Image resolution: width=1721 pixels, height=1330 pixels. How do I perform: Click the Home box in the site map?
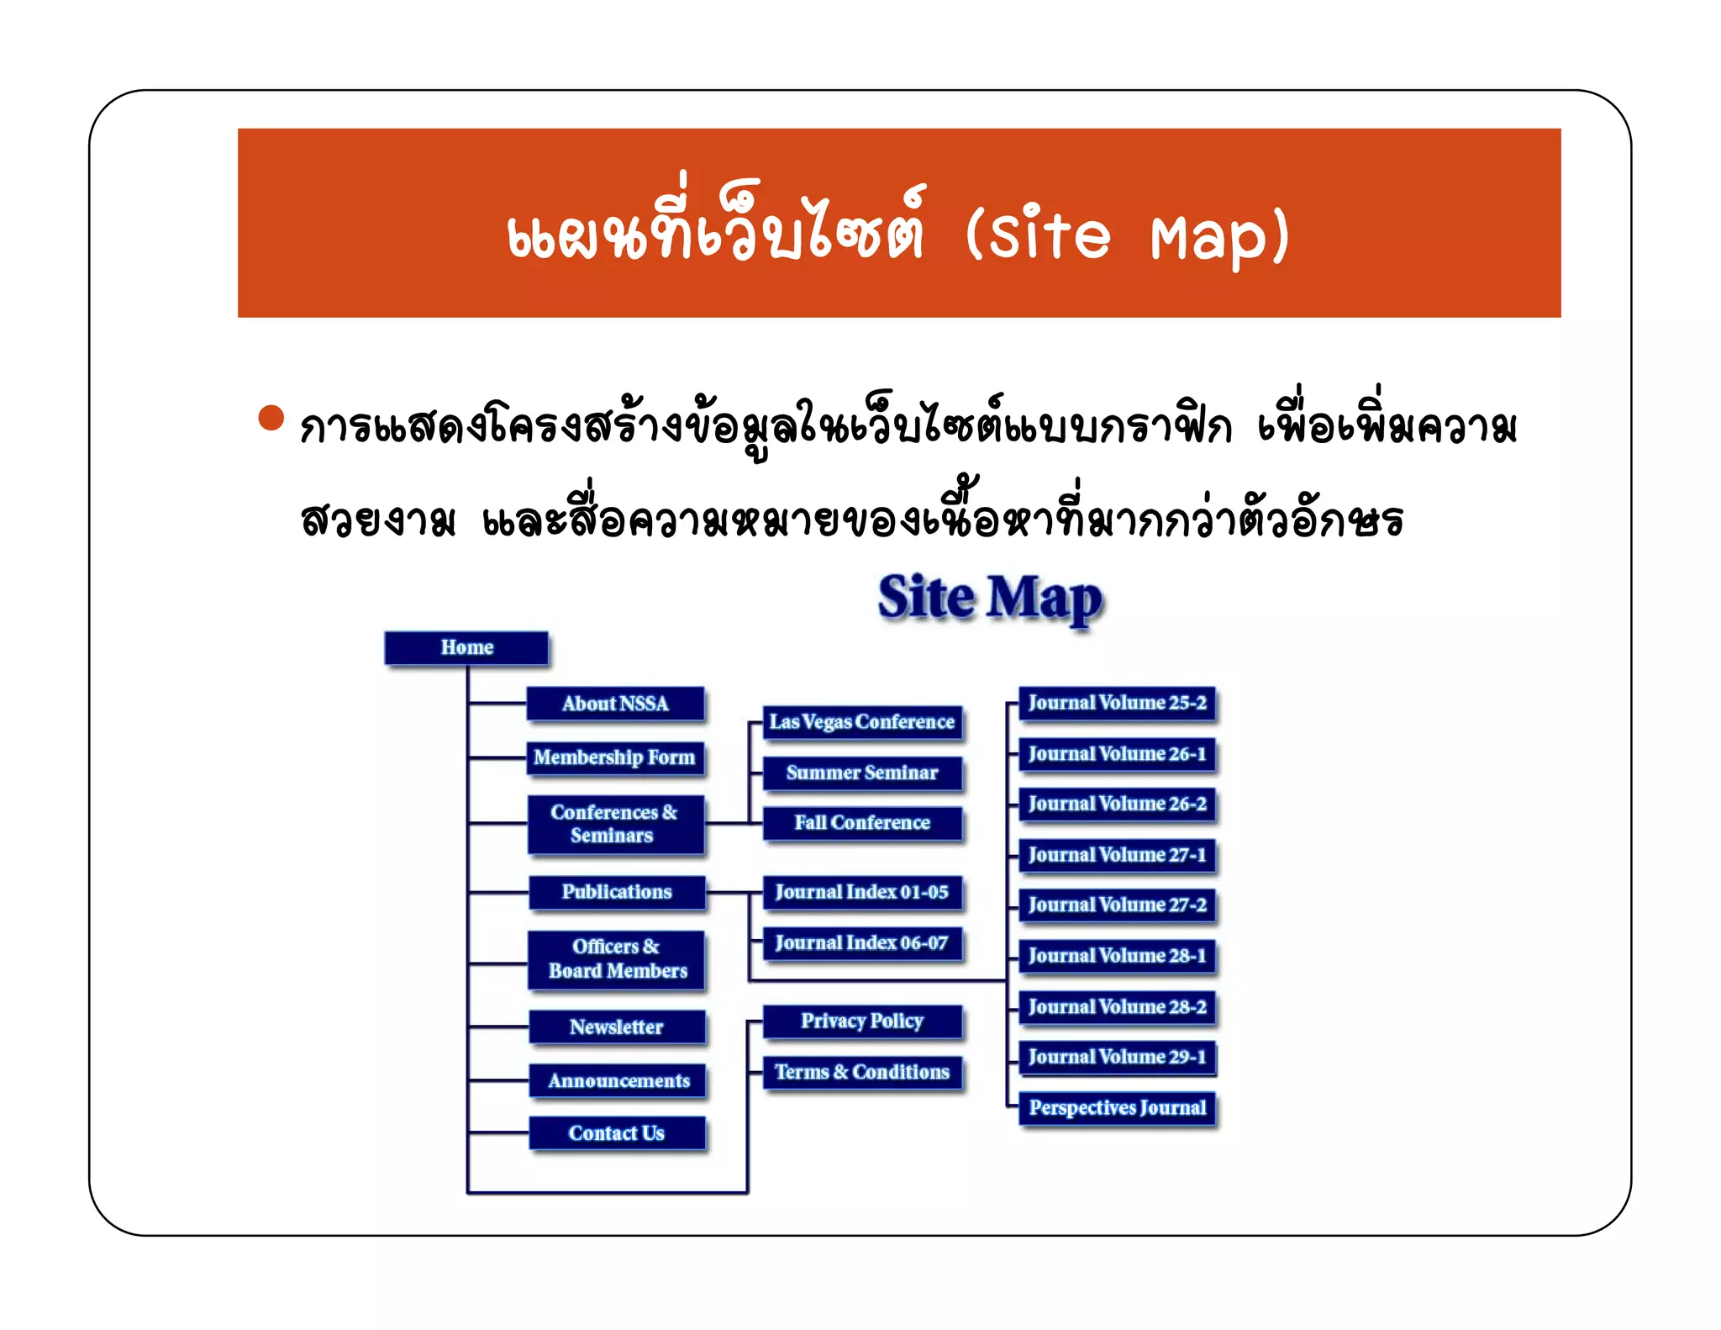466,647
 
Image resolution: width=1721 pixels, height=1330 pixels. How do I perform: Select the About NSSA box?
615,704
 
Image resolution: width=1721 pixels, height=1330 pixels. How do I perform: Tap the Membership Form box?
615,757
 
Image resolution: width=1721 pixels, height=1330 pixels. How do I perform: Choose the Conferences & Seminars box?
615,824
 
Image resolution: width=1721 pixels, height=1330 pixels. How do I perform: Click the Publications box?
617,892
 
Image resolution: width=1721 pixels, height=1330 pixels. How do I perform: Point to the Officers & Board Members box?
617,959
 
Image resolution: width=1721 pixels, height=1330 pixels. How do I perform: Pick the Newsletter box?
617,1027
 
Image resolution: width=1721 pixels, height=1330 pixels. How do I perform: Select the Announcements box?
618,1080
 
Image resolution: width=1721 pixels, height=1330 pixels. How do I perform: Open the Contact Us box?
617,1133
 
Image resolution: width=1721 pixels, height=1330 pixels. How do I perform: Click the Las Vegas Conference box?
862,722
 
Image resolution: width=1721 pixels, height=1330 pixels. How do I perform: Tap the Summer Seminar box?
862,773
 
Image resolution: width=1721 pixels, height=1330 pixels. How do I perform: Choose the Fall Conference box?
862,822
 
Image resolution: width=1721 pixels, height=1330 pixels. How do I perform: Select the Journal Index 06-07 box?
862,943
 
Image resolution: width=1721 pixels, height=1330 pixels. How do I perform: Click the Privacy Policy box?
862,1021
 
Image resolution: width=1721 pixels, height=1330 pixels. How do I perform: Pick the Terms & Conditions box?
862,1072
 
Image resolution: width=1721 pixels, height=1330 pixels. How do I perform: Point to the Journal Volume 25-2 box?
1117,703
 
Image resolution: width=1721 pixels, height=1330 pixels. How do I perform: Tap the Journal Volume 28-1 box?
1117,956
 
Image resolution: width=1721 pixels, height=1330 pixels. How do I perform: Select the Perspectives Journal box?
1117,1108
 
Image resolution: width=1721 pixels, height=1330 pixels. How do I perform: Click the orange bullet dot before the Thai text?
271,418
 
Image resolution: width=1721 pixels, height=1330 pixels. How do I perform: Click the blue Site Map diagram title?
990,599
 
